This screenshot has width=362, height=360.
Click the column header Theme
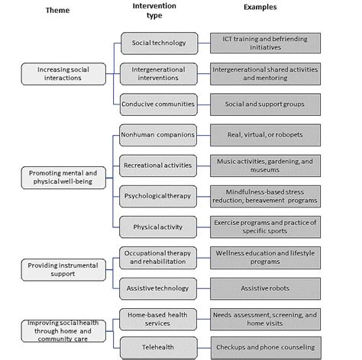[57, 11]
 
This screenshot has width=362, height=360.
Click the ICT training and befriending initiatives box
[265, 43]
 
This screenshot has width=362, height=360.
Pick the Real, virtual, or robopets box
[265, 135]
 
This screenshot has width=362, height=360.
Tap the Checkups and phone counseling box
[265, 347]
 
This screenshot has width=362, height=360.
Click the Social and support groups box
[265, 103]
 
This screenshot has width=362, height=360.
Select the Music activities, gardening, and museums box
[265, 166]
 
